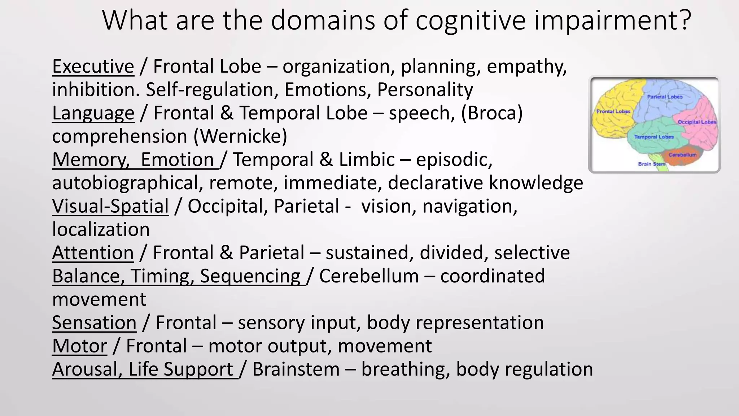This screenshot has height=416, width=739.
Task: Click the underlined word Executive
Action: [93, 66]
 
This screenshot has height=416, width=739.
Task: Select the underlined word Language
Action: [93, 113]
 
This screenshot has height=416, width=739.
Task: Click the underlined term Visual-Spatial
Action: [110, 206]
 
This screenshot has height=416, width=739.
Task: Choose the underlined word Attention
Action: [93, 253]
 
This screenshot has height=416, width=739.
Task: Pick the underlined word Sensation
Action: [94, 322]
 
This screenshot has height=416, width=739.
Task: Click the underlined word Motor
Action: [79, 346]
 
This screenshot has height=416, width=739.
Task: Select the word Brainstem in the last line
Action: [296, 369]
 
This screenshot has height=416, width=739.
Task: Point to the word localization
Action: [101, 230]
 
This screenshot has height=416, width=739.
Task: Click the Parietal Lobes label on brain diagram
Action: [665, 97]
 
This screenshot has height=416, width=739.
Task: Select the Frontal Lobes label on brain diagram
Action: [613, 111]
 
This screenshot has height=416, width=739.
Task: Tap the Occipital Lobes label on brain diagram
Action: [696, 122]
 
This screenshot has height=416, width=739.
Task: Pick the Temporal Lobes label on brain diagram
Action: [654, 137]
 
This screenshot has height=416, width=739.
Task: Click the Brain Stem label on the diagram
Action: [651, 164]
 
